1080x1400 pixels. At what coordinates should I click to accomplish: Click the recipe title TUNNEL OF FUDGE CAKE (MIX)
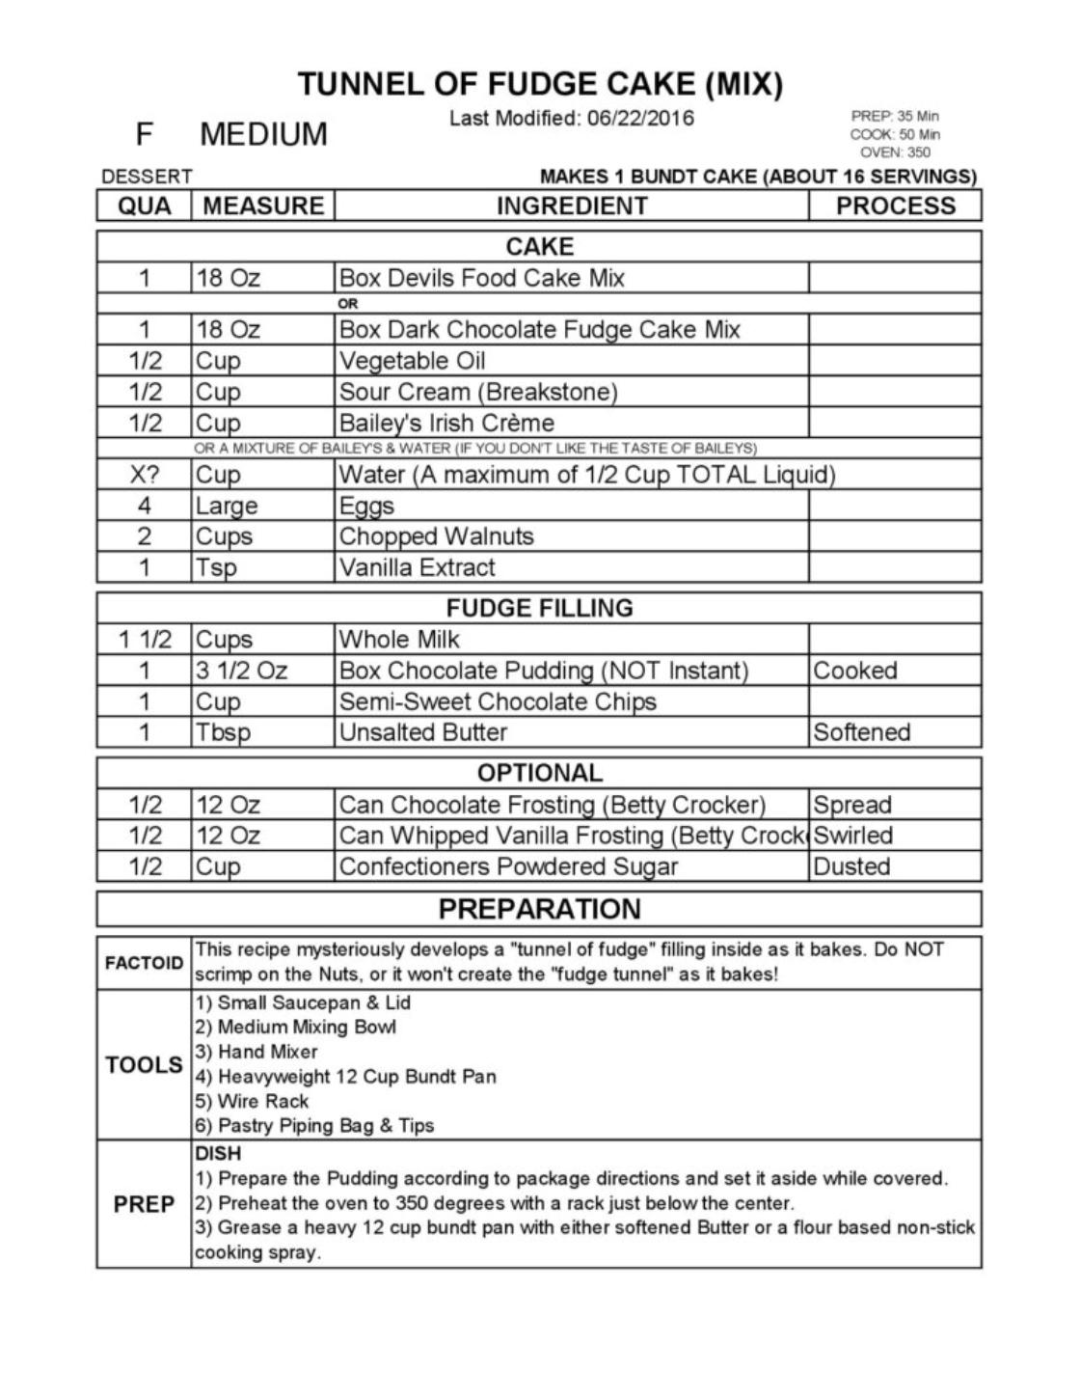pos(540,84)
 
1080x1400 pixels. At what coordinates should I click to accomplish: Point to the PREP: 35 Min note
pos(895,116)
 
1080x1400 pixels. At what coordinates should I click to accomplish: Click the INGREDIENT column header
pos(572,206)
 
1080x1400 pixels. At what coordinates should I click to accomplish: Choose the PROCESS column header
pos(895,206)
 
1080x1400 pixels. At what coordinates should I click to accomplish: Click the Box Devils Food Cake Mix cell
pos(481,279)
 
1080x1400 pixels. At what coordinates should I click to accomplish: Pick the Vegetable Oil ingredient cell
pos(412,361)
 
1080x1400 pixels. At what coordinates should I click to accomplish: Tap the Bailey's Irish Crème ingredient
pos(446,423)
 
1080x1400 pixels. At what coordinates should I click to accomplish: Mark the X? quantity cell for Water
pos(144,475)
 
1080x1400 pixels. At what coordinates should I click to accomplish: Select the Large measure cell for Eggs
pos(227,506)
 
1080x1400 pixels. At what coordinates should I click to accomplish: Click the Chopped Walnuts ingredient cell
pos(436,536)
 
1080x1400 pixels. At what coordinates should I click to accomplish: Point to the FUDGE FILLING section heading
pos(539,608)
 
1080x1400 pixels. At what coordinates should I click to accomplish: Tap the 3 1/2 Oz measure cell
pos(241,671)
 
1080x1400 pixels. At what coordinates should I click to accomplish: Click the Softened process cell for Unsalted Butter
pos(861,732)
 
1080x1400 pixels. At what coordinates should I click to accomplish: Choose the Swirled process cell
pos(852,836)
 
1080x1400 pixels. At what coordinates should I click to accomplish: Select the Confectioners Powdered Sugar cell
pos(508,866)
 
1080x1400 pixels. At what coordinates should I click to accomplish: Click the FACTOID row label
pos(144,963)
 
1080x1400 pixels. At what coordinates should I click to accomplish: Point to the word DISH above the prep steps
pos(218,1153)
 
